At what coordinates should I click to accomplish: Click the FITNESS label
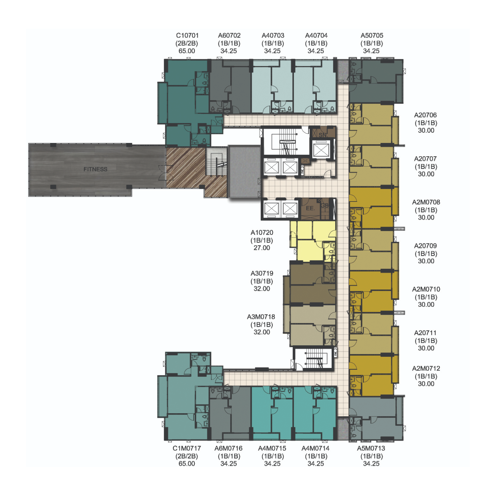point(95,169)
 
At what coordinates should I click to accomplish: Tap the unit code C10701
point(187,36)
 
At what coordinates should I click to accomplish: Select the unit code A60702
point(229,36)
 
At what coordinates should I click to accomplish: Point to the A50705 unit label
point(372,36)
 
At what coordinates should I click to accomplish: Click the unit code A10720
point(262,232)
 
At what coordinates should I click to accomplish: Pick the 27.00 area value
point(262,248)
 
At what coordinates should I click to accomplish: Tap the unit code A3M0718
point(261,317)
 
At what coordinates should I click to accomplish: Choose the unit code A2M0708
point(426,202)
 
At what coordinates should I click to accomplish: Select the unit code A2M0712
point(426,368)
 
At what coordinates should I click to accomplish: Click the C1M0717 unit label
point(187,448)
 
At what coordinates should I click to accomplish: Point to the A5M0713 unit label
point(371,448)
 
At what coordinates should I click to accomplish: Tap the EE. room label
point(310,208)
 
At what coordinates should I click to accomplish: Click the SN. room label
point(323,135)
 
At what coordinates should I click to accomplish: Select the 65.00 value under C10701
point(187,51)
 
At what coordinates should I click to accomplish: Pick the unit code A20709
point(425,246)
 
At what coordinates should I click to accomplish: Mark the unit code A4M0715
point(272,448)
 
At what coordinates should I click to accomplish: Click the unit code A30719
point(262,273)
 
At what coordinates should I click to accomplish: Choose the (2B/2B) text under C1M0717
point(187,456)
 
